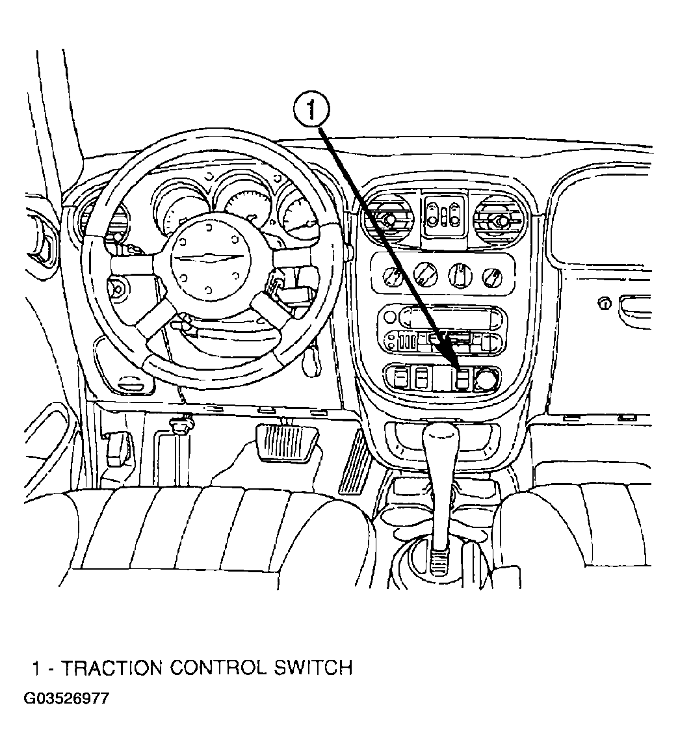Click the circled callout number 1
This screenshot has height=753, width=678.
pos(311,111)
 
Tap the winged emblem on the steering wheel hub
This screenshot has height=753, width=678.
pos(210,258)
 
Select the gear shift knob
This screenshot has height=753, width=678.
pos(440,442)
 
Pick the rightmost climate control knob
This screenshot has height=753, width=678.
pos(492,276)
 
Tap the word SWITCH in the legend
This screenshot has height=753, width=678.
pos(313,668)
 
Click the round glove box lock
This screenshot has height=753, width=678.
pos(605,304)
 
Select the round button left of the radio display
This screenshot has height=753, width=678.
pos(390,317)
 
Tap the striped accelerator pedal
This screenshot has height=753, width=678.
pos(356,462)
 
